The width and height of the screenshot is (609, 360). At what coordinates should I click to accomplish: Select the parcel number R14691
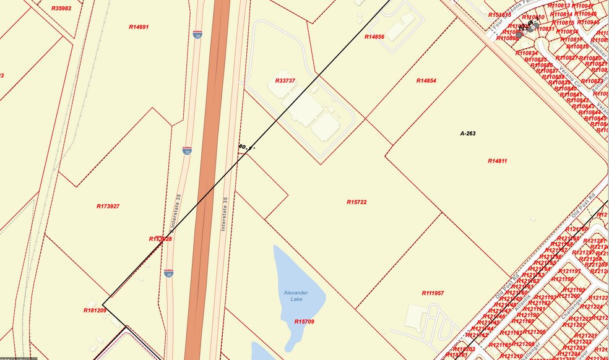pos(139,27)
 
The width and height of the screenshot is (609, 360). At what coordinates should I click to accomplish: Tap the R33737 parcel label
pos(285,80)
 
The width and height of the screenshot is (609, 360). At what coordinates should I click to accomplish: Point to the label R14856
pos(374,37)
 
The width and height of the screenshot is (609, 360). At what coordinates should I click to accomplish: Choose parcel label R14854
pos(426,81)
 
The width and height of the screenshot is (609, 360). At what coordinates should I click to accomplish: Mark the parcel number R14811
pos(497,161)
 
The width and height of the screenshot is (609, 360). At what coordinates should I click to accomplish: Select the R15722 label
pos(357,202)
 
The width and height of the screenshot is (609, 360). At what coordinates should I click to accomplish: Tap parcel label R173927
pos(108,206)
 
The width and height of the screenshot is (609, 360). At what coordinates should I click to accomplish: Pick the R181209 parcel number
pos(95,310)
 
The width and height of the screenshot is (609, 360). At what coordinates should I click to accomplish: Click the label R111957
pos(433,293)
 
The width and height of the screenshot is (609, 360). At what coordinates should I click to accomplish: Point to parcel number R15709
pos(304,322)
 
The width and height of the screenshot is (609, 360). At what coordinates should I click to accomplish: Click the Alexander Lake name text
pos(296,296)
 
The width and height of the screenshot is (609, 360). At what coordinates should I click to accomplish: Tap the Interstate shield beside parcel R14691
pos(197,35)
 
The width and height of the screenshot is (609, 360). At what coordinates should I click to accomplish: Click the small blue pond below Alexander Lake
pos(263,351)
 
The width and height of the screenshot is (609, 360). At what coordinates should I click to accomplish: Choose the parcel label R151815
pos(499,14)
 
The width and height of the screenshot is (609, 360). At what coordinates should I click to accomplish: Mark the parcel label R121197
pos(570,271)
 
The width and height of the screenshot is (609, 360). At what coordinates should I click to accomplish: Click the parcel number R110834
pos(527,53)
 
